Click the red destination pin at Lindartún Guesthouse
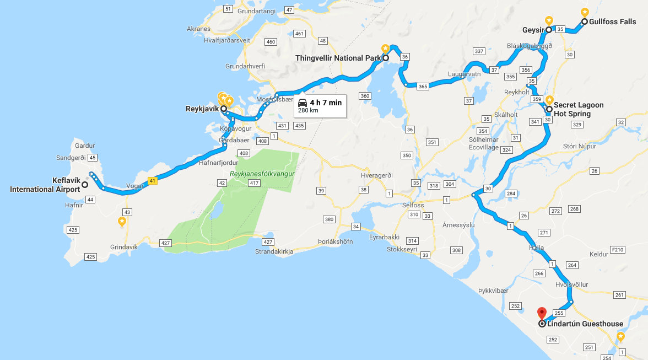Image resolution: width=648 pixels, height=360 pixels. (542, 313)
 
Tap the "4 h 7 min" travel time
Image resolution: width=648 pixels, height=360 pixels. (326, 102)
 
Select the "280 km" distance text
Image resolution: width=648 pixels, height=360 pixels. (308, 110)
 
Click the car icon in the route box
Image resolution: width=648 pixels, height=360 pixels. (303, 103)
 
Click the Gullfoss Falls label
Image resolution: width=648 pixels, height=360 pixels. (612, 22)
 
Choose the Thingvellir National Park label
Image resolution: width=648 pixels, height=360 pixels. (337, 58)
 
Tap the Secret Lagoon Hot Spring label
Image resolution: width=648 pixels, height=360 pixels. (579, 109)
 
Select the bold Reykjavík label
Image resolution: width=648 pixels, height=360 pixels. (202, 109)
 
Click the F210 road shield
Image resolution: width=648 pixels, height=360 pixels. (618, 250)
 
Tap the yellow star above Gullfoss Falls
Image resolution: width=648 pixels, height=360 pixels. (585, 12)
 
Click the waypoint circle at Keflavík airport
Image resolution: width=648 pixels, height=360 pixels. (85, 185)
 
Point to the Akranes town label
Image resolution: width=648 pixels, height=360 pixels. (199, 29)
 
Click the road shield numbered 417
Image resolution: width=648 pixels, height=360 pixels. (254, 182)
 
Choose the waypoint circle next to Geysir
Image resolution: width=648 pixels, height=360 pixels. (549, 30)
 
